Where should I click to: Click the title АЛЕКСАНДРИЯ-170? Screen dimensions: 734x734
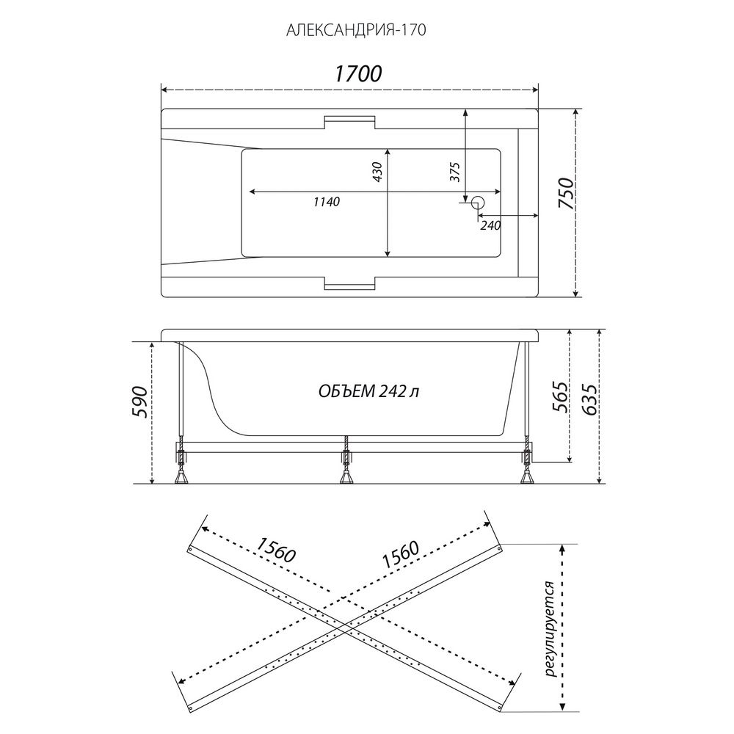(x=356, y=30)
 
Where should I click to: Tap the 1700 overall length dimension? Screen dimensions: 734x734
(x=358, y=73)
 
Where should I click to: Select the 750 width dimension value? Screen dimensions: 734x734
(x=565, y=194)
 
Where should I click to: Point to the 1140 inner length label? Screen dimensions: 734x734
(x=327, y=202)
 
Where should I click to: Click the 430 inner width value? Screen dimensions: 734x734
(x=377, y=172)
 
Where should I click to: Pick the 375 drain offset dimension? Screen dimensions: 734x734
(x=455, y=172)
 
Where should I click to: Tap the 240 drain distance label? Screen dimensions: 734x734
(x=490, y=225)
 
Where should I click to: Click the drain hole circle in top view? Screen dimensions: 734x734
(x=478, y=203)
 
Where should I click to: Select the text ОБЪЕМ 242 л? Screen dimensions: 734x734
(x=368, y=391)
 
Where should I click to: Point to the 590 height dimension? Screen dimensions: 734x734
(x=140, y=402)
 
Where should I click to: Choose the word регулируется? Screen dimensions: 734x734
(x=550, y=629)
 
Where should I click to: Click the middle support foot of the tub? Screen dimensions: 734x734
(x=346, y=476)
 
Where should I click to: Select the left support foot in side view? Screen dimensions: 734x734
(x=181, y=476)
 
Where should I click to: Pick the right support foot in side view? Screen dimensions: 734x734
(x=527, y=476)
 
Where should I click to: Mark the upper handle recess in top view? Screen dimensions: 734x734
(x=349, y=121)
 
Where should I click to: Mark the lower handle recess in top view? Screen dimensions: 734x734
(x=349, y=284)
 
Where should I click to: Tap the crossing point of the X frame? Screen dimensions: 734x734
(x=345, y=628)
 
